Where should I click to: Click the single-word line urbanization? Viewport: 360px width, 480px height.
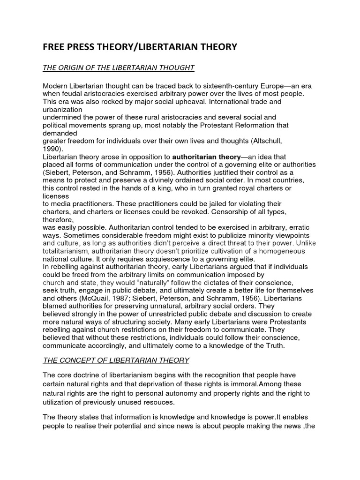[x=62, y=109]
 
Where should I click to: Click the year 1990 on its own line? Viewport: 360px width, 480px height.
[x=52, y=149]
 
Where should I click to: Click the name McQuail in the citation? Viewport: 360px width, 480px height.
[x=113, y=298]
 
